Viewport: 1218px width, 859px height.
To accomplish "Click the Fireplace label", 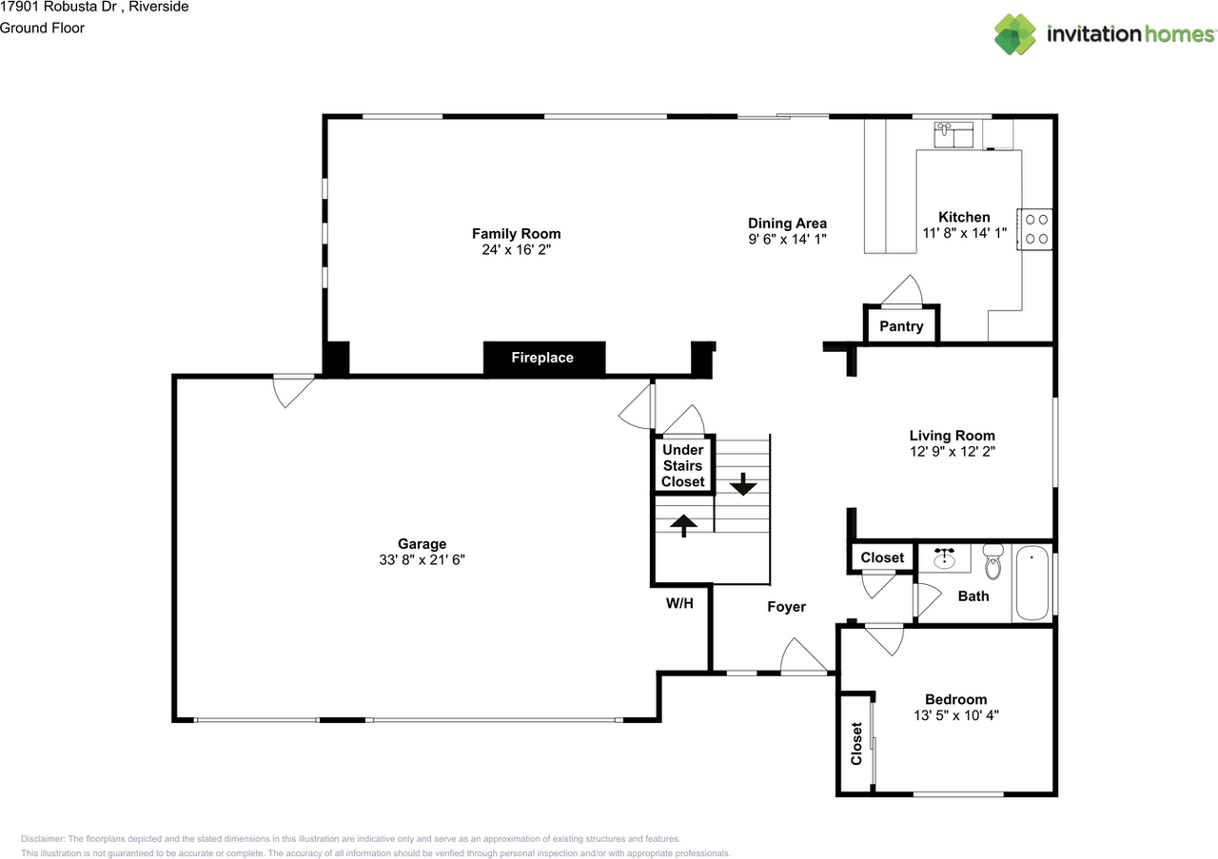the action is pyautogui.click(x=542, y=358).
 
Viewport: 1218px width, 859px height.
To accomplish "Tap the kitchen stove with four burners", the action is pyautogui.click(x=1034, y=229).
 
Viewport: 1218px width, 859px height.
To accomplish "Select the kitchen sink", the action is pyautogui.click(x=953, y=135).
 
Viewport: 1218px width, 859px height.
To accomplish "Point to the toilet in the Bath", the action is pyautogui.click(x=992, y=562).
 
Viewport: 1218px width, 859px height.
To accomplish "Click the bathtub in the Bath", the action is pyautogui.click(x=1032, y=583).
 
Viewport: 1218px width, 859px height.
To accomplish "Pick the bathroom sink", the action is pyautogui.click(x=945, y=558).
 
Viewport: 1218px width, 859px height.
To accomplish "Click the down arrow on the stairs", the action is pyautogui.click(x=743, y=484).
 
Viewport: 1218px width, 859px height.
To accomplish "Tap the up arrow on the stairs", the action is pyautogui.click(x=683, y=526).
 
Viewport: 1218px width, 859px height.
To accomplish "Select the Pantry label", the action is pyautogui.click(x=901, y=326).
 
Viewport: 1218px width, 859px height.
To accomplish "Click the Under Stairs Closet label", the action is pyautogui.click(x=683, y=466).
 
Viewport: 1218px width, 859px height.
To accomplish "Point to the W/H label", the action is pyautogui.click(x=679, y=603).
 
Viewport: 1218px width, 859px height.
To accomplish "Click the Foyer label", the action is pyautogui.click(x=786, y=607).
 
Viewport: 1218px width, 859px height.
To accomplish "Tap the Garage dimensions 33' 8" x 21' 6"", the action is pyautogui.click(x=422, y=560).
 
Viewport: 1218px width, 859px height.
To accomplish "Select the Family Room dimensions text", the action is pyautogui.click(x=516, y=249).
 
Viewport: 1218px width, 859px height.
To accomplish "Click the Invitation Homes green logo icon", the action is pyautogui.click(x=1015, y=34).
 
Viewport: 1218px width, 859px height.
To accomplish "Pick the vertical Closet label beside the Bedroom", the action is pyautogui.click(x=856, y=743).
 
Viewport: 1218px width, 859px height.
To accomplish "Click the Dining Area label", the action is pyautogui.click(x=787, y=224).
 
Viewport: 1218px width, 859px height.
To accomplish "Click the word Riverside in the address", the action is pyautogui.click(x=159, y=7).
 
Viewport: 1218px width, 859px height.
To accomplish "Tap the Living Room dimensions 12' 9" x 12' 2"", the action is pyautogui.click(x=953, y=451).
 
